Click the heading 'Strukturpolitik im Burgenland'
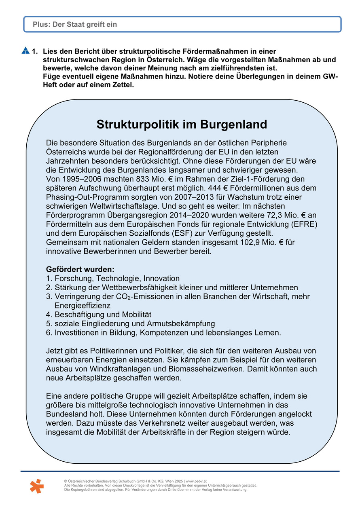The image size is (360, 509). (x=182, y=124)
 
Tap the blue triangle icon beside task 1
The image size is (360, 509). (x=25, y=51)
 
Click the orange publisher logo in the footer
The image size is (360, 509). (x=36, y=486)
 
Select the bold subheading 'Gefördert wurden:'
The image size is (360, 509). (x=80, y=269)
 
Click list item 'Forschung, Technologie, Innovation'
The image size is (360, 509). (x=117, y=279)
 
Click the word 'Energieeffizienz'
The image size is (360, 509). (x=83, y=306)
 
